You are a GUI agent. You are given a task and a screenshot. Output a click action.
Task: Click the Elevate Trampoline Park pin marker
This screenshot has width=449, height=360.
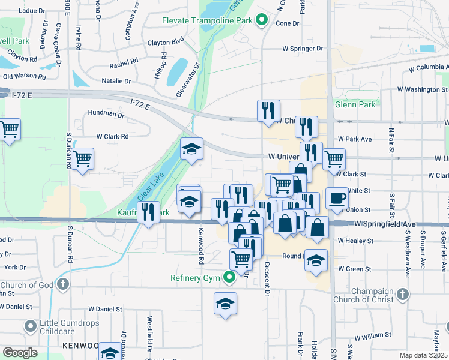pos(261,21)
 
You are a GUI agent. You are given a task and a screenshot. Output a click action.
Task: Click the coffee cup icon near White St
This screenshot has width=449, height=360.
pos(337,198)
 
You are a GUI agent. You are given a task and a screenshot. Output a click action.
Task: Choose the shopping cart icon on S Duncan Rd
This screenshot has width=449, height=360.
pos(83,159)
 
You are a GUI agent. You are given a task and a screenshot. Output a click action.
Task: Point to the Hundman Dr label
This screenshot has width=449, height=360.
pos(101,113)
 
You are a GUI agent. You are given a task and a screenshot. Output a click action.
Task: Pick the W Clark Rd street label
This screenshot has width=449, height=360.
pos(112,136)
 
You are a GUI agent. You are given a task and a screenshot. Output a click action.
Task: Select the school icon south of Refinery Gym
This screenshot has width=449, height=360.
pos(225,304)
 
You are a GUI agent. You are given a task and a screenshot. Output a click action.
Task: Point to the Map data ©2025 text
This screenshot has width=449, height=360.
pos(423,355)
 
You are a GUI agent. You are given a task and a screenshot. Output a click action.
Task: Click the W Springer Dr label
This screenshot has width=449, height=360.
pos(303,49)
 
